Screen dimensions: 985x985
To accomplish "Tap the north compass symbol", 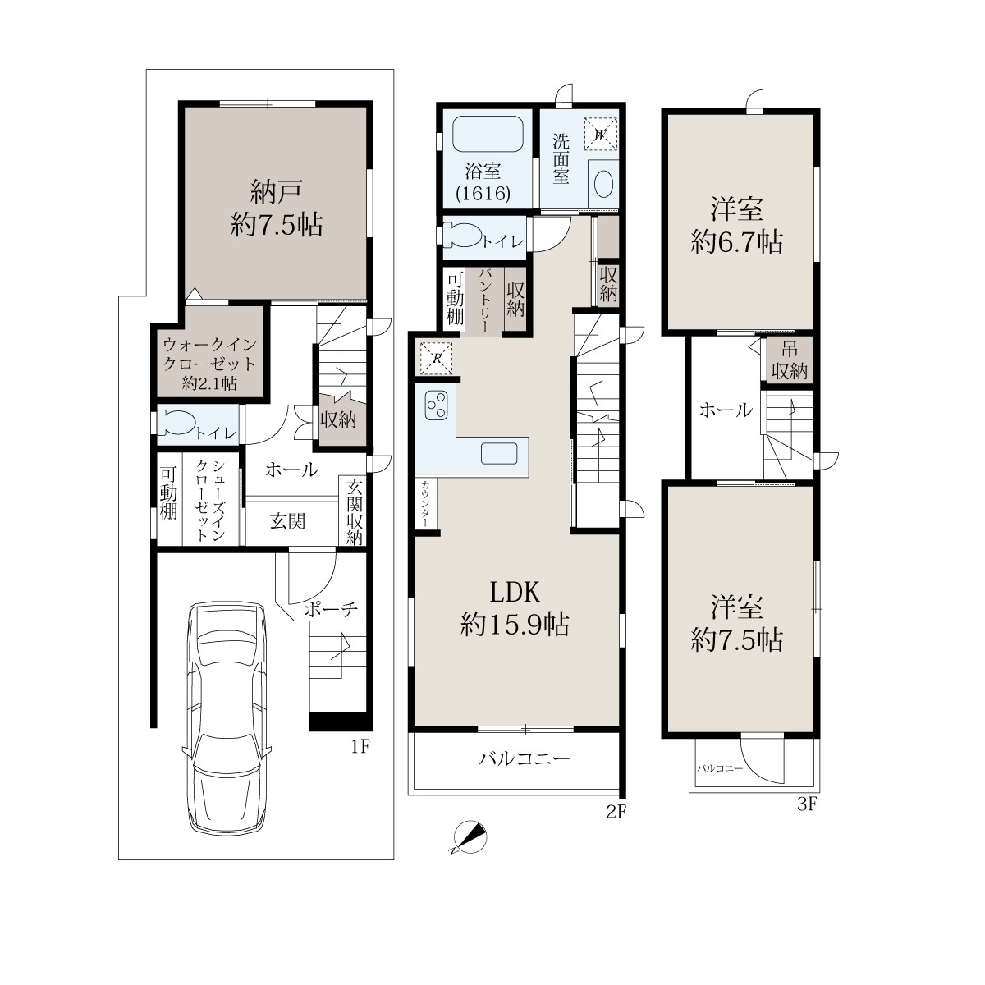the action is (x=469, y=837).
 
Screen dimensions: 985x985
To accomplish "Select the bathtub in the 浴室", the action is (x=488, y=134).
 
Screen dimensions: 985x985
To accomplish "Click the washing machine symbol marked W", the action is (x=601, y=134).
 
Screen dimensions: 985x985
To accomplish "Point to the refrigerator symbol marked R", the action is (x=436, y=358).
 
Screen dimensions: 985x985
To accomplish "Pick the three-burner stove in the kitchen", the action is (x=436, y=405).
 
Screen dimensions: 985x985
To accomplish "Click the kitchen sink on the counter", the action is (x=498, y=453).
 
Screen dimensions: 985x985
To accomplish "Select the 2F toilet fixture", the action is (x=462, y=237).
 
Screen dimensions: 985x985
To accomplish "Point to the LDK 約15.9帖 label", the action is (x=515, y=609).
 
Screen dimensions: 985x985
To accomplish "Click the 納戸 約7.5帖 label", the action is (x=277, y=208).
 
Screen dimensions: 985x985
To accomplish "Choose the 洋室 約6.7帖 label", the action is (x=736, y=226).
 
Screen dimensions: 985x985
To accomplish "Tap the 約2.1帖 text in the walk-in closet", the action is (x=209, y=383).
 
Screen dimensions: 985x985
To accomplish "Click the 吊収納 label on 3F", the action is (x=789, y=361).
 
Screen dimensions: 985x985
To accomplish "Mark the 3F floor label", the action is (x=807, y=804).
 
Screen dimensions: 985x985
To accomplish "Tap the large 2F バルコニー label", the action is (x=524, y=758).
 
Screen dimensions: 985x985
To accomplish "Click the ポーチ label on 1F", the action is (x=330, y=609).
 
